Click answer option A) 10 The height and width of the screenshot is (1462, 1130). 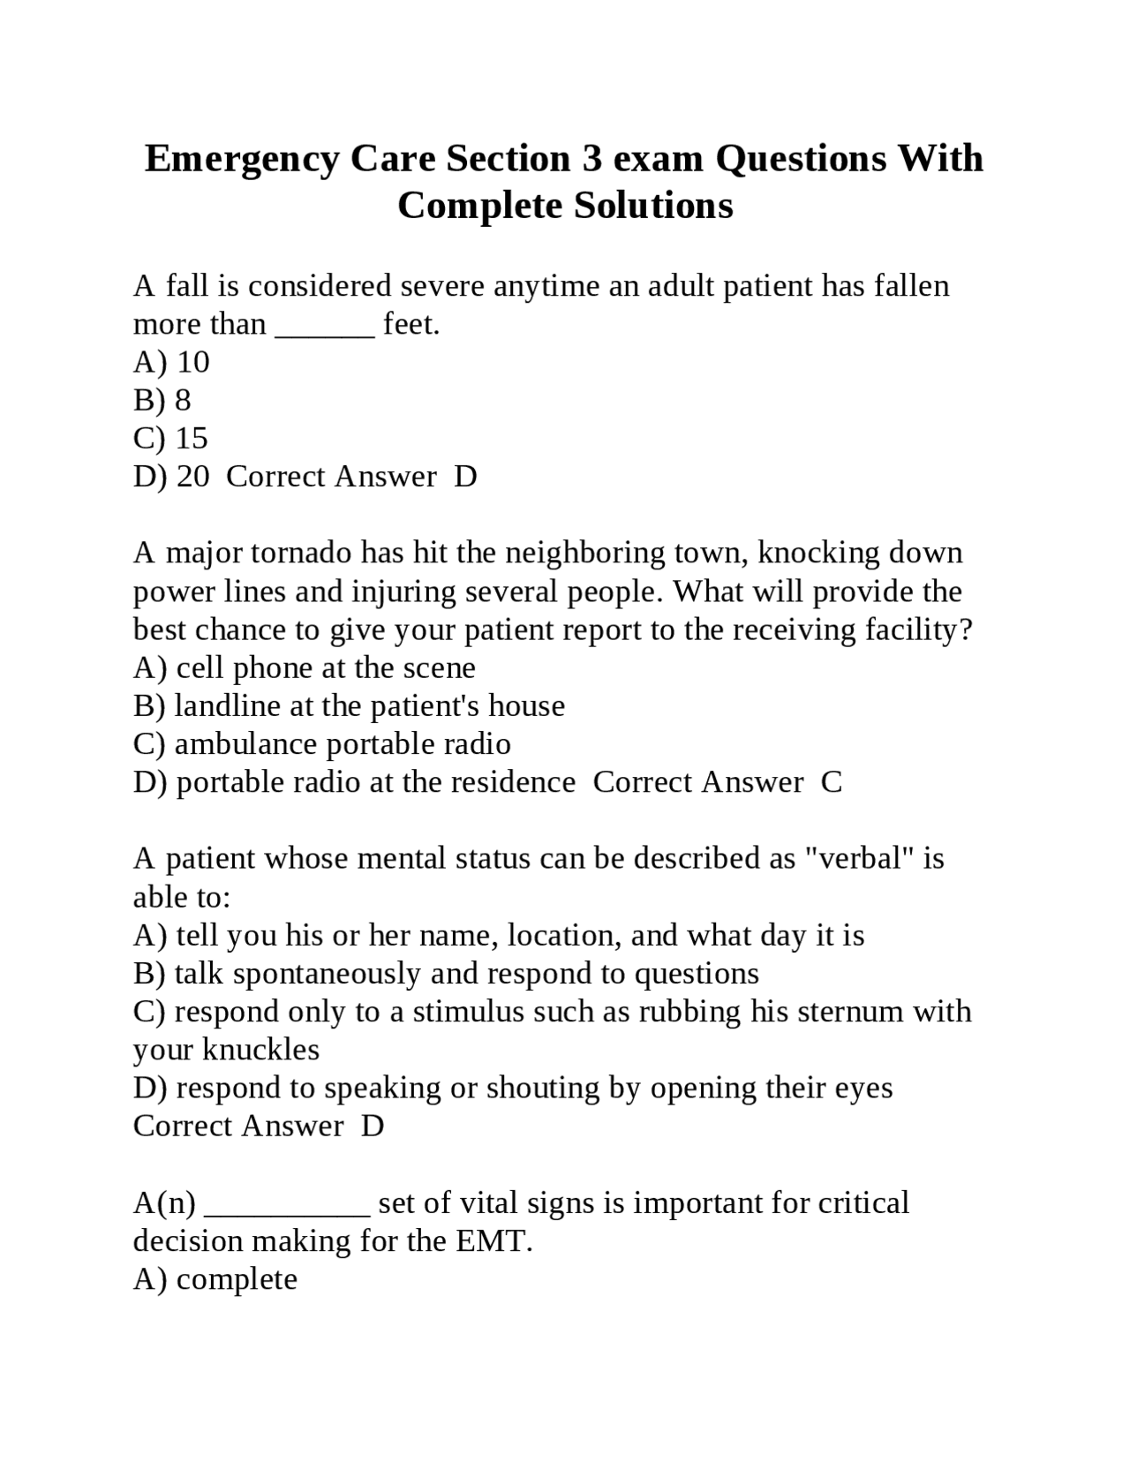(171, 362)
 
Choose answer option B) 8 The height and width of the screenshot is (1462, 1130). (162, 400)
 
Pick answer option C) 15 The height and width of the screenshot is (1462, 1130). (171, 438)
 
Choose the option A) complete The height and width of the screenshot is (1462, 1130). (215, 1279)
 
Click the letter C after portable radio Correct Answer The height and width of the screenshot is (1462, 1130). (832, 782)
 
